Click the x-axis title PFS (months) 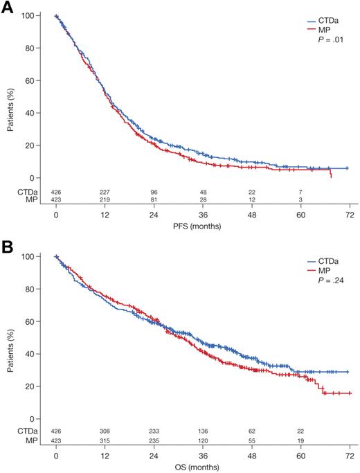201,226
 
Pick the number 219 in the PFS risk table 105,200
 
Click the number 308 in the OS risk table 105,431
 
